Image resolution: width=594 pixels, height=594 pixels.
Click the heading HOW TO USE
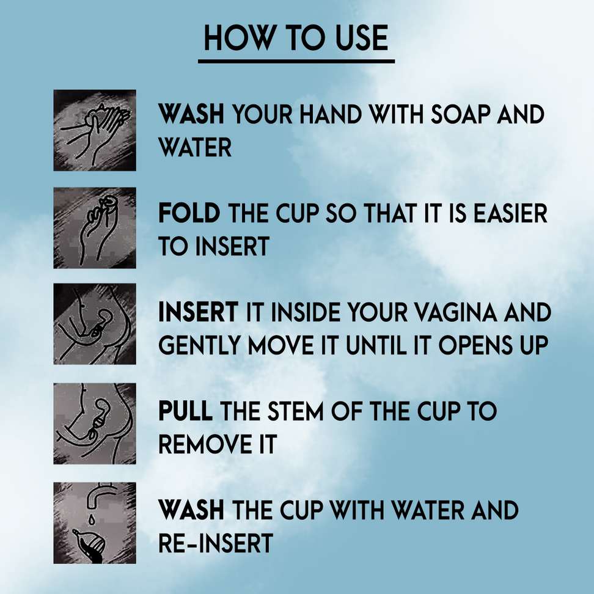coord(296,38)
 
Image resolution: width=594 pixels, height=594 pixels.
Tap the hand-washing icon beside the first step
coord(95,130)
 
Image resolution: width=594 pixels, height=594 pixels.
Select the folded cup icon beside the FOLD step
coord(95,227)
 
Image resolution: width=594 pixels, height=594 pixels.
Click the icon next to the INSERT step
coord(95,324)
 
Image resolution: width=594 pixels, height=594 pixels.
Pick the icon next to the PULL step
coord(95,423)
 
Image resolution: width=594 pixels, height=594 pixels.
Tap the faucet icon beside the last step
coord(95,522)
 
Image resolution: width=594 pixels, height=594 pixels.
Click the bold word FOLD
coord(189,214)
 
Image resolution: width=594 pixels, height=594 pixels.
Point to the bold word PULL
coord(186,411)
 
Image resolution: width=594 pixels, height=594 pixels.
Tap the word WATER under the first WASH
coord(195,147)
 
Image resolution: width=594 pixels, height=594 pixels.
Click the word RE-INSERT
coord(215,543)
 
